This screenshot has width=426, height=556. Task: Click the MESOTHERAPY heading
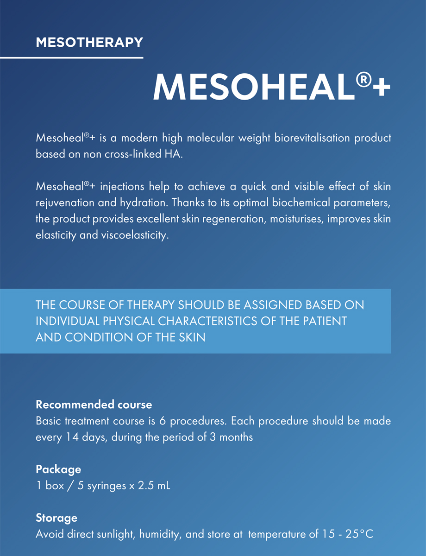click(89, 43)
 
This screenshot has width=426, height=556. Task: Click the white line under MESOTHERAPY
click(71, 57)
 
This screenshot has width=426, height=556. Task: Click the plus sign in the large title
click(381, 88)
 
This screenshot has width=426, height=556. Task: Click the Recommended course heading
click(94, 404)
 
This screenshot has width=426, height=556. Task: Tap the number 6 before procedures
click(180, 421)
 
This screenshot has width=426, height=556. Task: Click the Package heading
click(58, 469)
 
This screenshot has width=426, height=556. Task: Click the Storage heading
click(56, 518)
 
